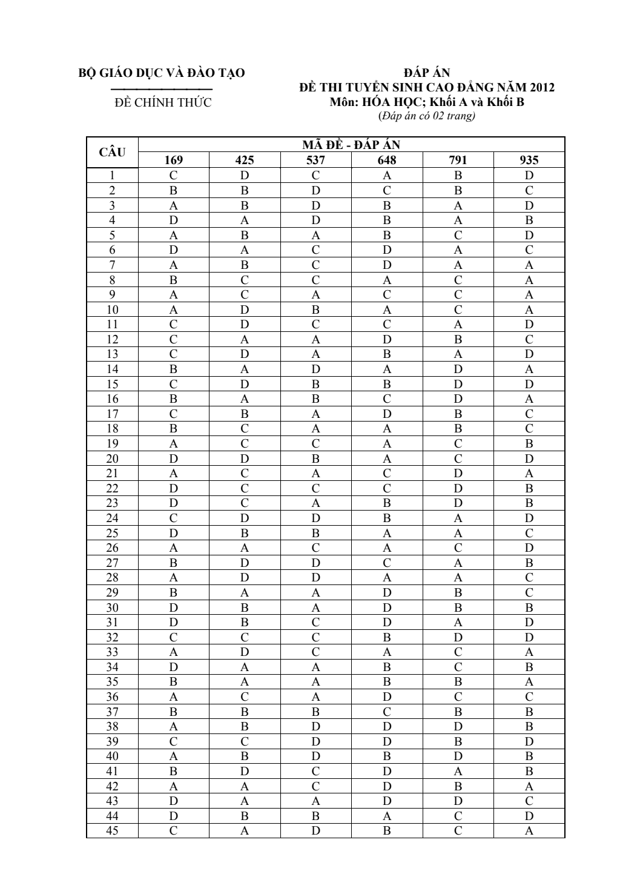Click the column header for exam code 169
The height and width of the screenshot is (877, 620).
tap(173, 161)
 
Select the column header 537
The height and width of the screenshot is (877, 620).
tap(315, 161)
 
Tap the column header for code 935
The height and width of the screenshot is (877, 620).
tap(529, 161)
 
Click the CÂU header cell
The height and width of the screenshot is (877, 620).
tap(112, 153)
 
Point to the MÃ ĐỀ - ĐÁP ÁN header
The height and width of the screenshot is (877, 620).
tap(351, 145)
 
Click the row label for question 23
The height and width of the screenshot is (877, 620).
tap(112, 503)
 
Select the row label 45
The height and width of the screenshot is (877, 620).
tap(112, 831)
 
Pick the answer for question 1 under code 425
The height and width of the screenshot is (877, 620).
tap(245, 176)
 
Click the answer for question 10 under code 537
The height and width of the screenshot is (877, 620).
tap(315, 310)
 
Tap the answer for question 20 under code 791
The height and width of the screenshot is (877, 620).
tap(458, 459)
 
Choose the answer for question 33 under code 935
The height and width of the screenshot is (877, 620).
tap(529, 652)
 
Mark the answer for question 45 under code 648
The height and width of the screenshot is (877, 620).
tap(387, 831)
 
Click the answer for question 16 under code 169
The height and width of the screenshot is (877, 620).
tap(173, 399)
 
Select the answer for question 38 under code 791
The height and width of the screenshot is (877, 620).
tap(458, 727)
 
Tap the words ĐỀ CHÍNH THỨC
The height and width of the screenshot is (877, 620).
tap(163, 102)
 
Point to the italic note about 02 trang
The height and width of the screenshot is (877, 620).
tap(427, 116)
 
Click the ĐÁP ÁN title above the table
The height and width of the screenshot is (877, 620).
tap(427, 74)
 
